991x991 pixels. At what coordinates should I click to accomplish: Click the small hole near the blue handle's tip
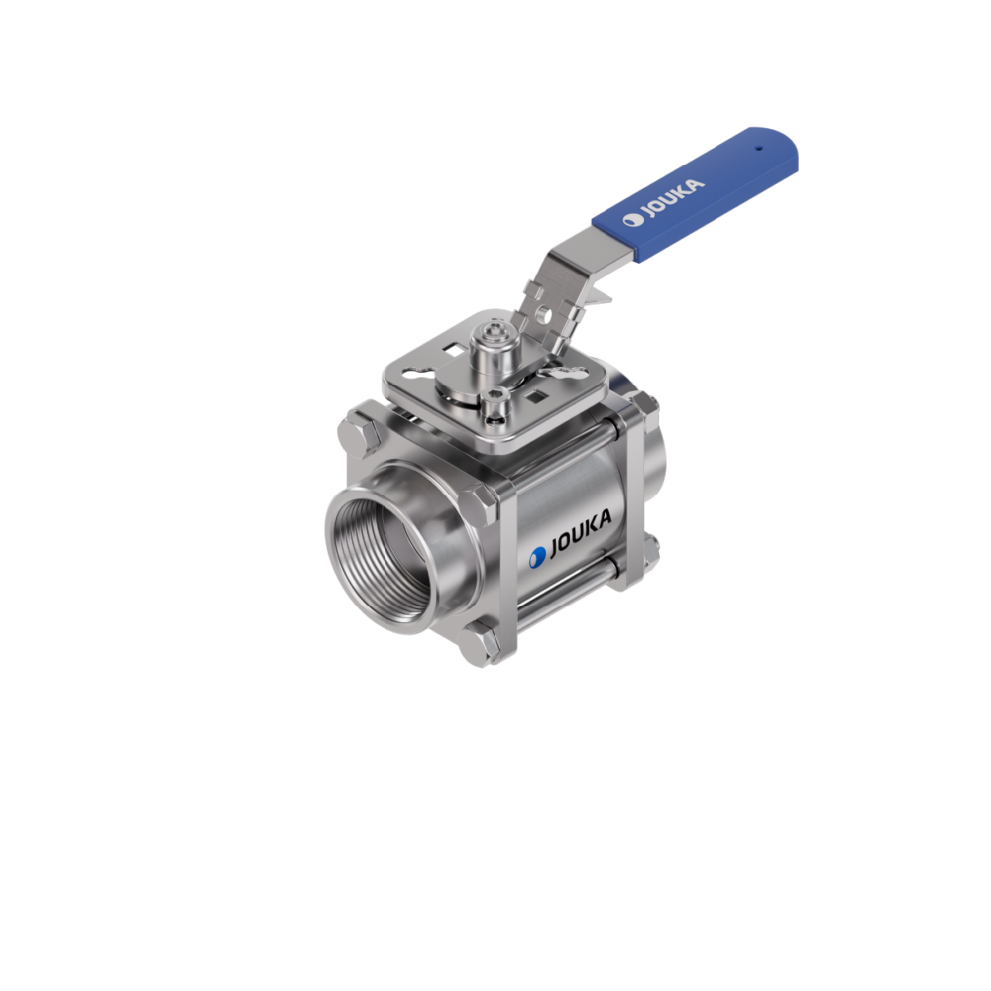click(759, 150)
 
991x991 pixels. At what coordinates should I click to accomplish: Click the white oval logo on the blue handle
click(632, 219)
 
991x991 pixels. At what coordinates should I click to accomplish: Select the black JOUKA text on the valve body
click(581, 533)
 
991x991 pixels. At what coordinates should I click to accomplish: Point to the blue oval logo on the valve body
click(537, 557)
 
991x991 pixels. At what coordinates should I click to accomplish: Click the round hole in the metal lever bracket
click(543, 312)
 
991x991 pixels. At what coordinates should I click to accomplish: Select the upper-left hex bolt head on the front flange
click(359, 434)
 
